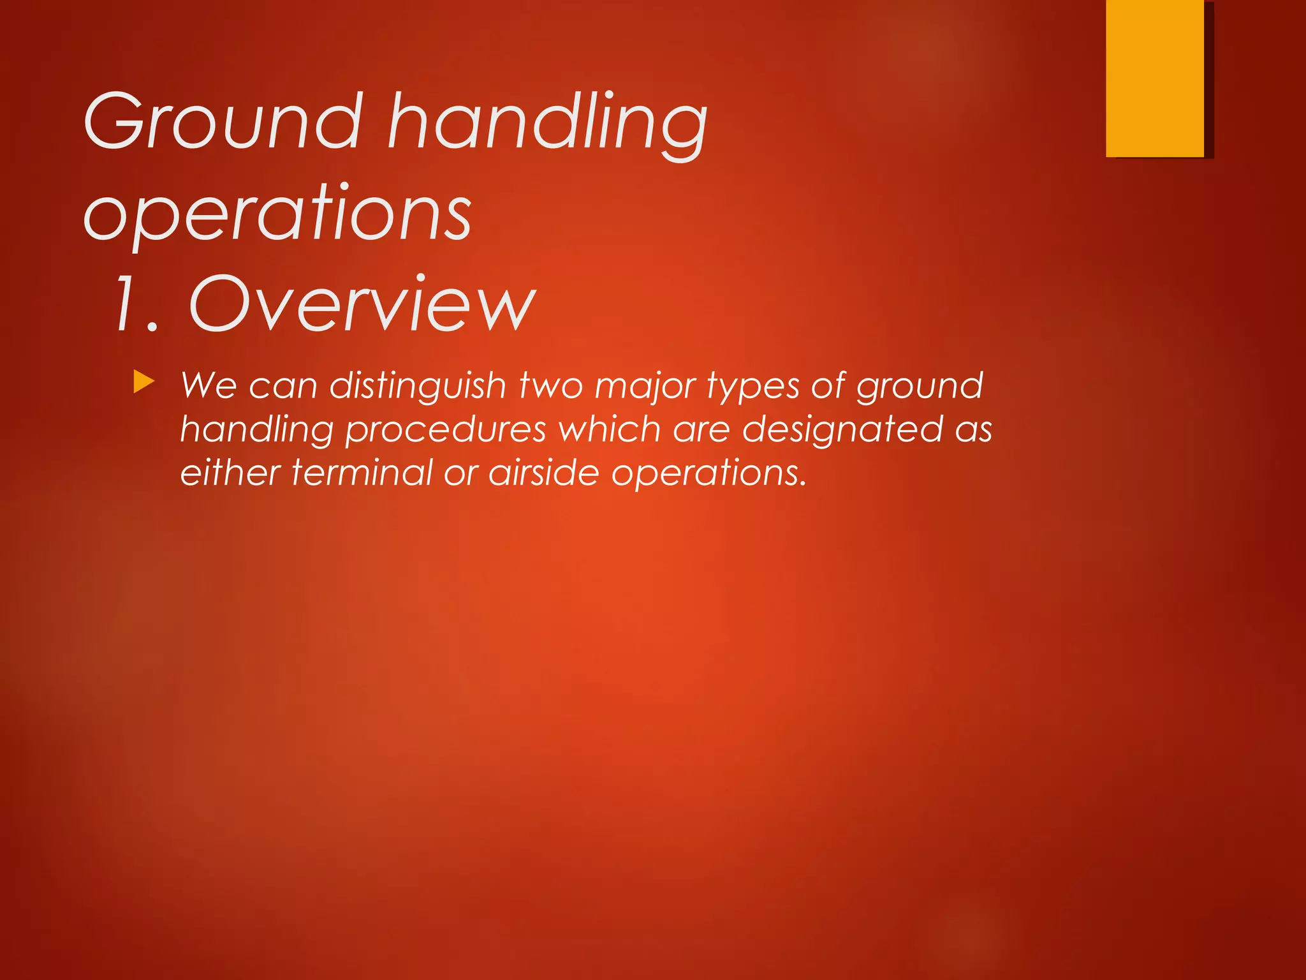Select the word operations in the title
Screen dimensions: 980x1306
[x=278, y=213]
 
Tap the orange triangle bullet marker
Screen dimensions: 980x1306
[x=144, y=383]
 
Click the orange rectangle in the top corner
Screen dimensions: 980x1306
[x=1154, y=78]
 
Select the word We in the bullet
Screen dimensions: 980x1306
[x=209, y=386]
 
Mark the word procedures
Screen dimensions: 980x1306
[x=445, y=430]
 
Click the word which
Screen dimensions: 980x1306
[x=609, y=429]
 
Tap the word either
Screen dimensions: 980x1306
[x=230, y=473]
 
